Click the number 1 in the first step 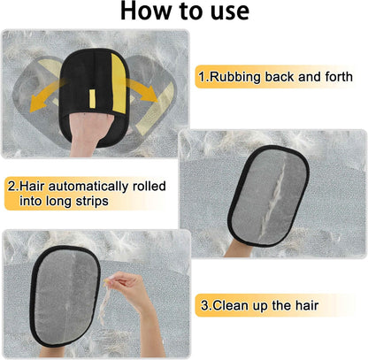point(203,77)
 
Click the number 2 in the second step point(10,187)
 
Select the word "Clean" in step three point(232,305)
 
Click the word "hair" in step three point(302,305)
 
